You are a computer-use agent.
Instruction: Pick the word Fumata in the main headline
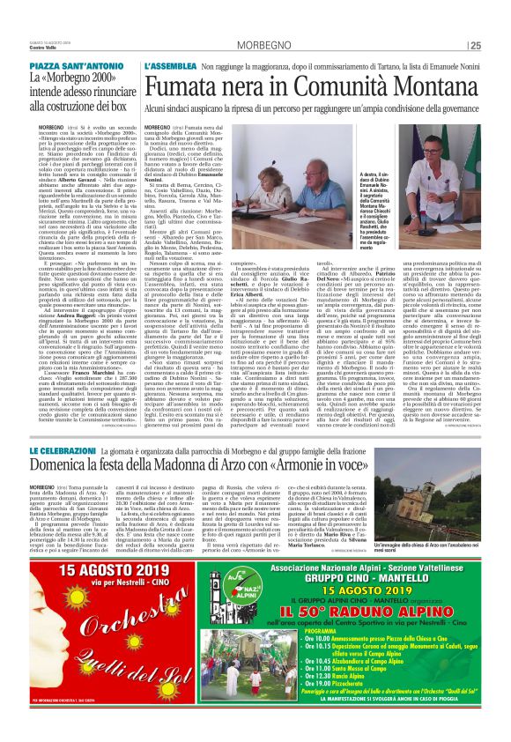tap(181, 86)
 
